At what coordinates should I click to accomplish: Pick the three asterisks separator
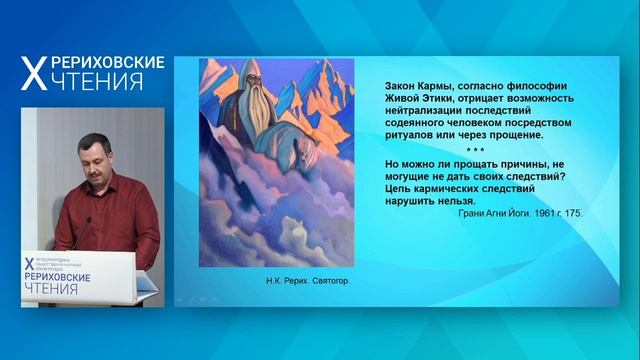476,148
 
